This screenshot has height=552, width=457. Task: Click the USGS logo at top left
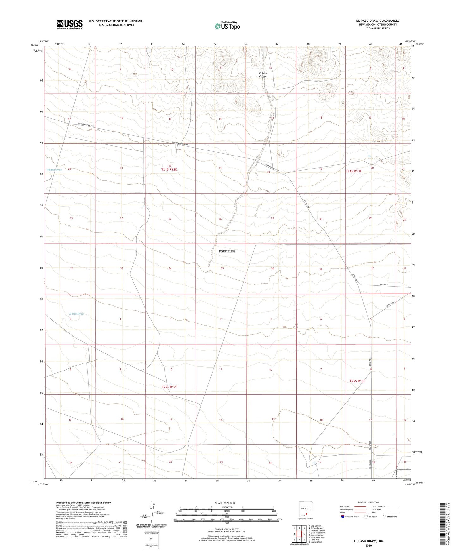(x=70, y=24)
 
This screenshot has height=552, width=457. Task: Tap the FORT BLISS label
(x=227, y=251)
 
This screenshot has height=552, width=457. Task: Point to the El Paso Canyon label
(x=263, y=75)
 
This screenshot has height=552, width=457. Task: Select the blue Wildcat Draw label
(x=54, y=170)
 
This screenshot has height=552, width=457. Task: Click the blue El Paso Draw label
(x=76, y=314)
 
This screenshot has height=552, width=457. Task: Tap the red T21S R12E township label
(x=169, y=170)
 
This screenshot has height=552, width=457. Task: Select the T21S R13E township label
(x=354, y=171)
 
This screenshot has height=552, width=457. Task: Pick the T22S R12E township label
(x=170, y=387)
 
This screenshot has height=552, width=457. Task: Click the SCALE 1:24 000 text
(x=225, y=503)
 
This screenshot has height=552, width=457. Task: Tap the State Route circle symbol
(x=385, y=517)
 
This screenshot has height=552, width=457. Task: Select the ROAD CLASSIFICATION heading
(x=368, y=502)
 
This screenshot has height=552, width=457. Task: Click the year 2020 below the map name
(x=368, y=545)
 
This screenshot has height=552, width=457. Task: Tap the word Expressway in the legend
(x=345, y=506)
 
